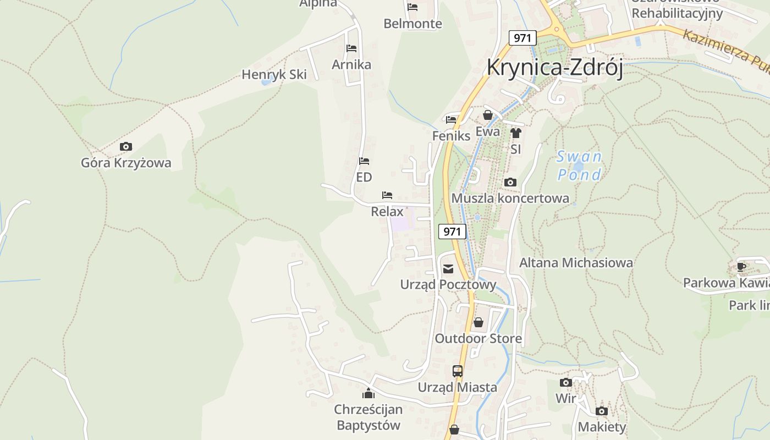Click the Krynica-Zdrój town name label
tap(554, 68)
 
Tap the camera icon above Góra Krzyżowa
tap(126, 146)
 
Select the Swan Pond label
tap(579, 166)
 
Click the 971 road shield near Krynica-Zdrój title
tap(522, 38)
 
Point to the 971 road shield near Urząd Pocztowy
tap(452, 232)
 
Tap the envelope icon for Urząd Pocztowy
tap(448, 269)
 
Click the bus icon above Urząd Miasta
tap(458, 371)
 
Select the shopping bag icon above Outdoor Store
tap(479, 322)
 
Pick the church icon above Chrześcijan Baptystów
tap(368, 393)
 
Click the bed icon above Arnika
tap(351, 48)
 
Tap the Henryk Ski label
tap(274, 74)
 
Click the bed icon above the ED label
tap(364, 161)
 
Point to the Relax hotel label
tap(387, 211)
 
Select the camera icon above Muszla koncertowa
tap(510, 182)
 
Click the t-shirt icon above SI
tap(515, 133)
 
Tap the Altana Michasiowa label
tap(576, 263)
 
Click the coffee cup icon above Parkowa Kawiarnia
tap(741, 267)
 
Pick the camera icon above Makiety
tap(602, 411)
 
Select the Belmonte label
tap(413, 24)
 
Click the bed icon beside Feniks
tap(451, 119)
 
